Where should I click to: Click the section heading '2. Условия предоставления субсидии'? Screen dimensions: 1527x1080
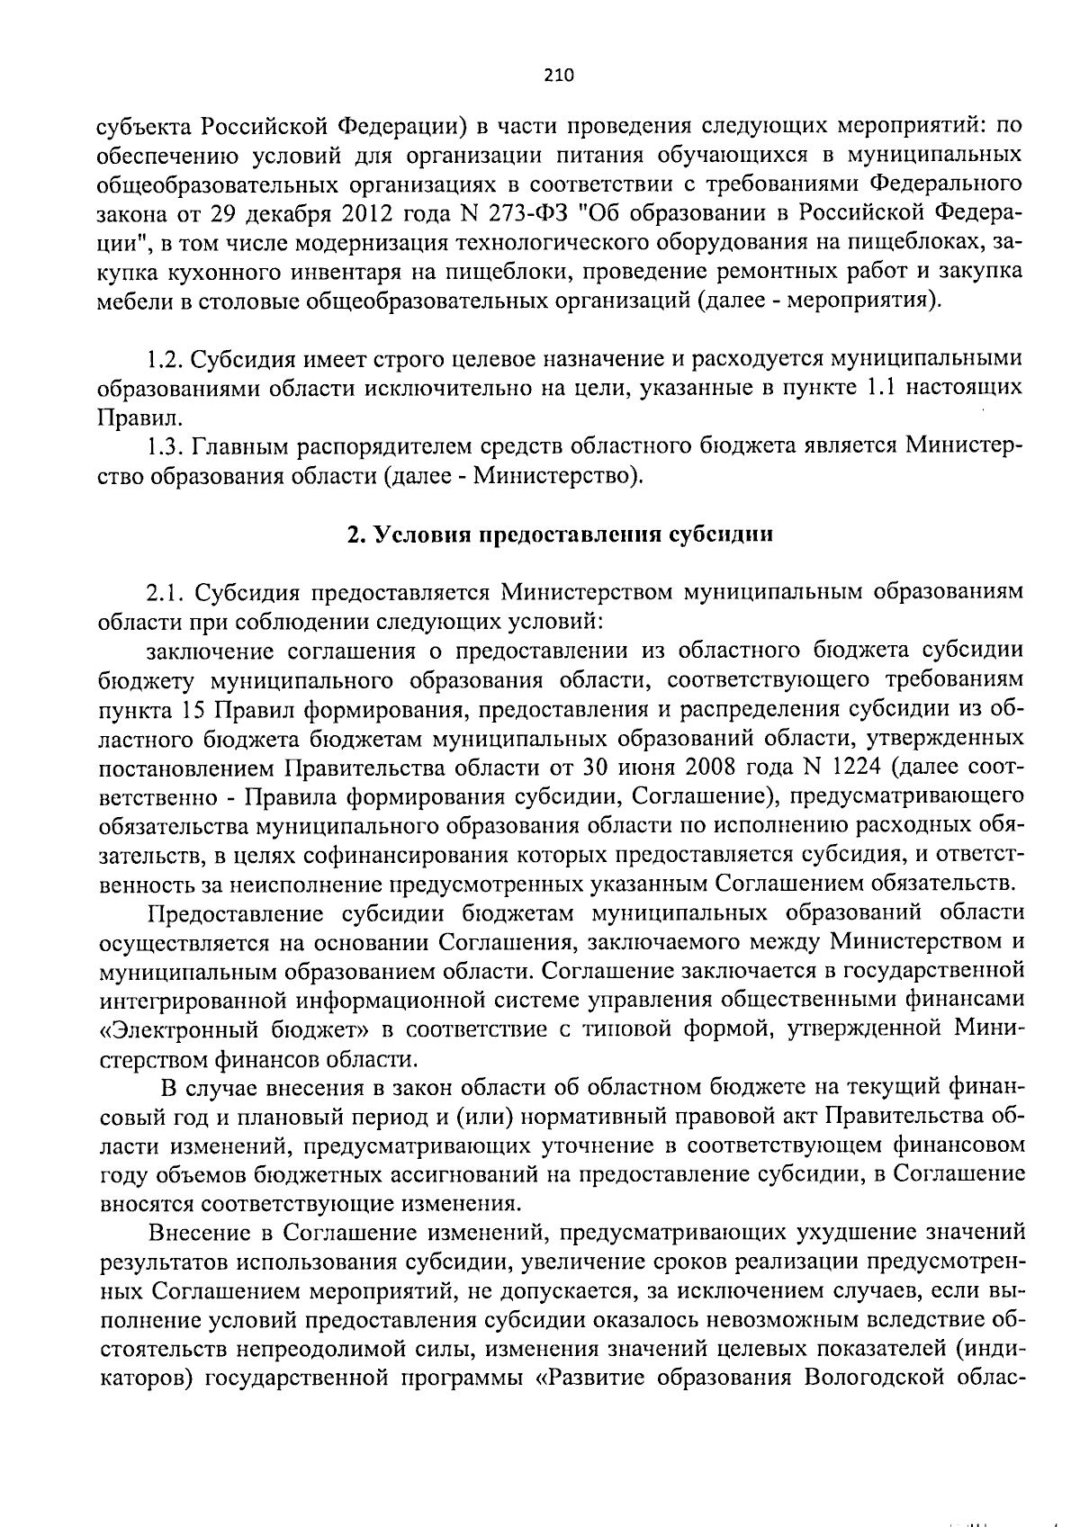pyautogui.click(x=560, y=534)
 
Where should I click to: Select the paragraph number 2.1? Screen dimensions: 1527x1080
pyautogui.click(x=166, y=592)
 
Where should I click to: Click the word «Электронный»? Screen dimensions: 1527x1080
pyautogui.click(x=171, y=1028)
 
